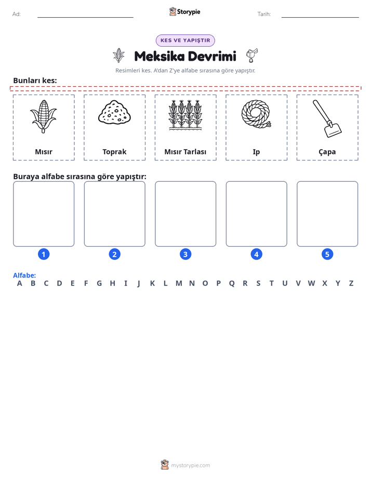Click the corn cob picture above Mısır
point(44,116)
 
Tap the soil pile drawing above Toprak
point(114,112)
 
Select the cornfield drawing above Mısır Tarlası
point(186,115)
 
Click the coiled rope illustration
point(256,114)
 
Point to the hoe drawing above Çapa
point(327,118)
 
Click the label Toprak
point(114,152)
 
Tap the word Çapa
point(327,152)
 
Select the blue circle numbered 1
point(44,254)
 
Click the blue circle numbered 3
point(186,254)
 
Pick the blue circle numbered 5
point(327,254)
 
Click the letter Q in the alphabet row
point(232,284)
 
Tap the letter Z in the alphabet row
point(351,283)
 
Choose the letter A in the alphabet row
point(20,283)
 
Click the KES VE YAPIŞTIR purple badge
point(185,41)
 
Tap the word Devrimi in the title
point(212,56)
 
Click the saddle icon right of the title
point(252,56)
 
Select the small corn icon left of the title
point(118,56)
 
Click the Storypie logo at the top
point(184,11)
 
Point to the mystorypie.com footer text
point(190,465)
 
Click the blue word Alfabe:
point(24,275)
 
